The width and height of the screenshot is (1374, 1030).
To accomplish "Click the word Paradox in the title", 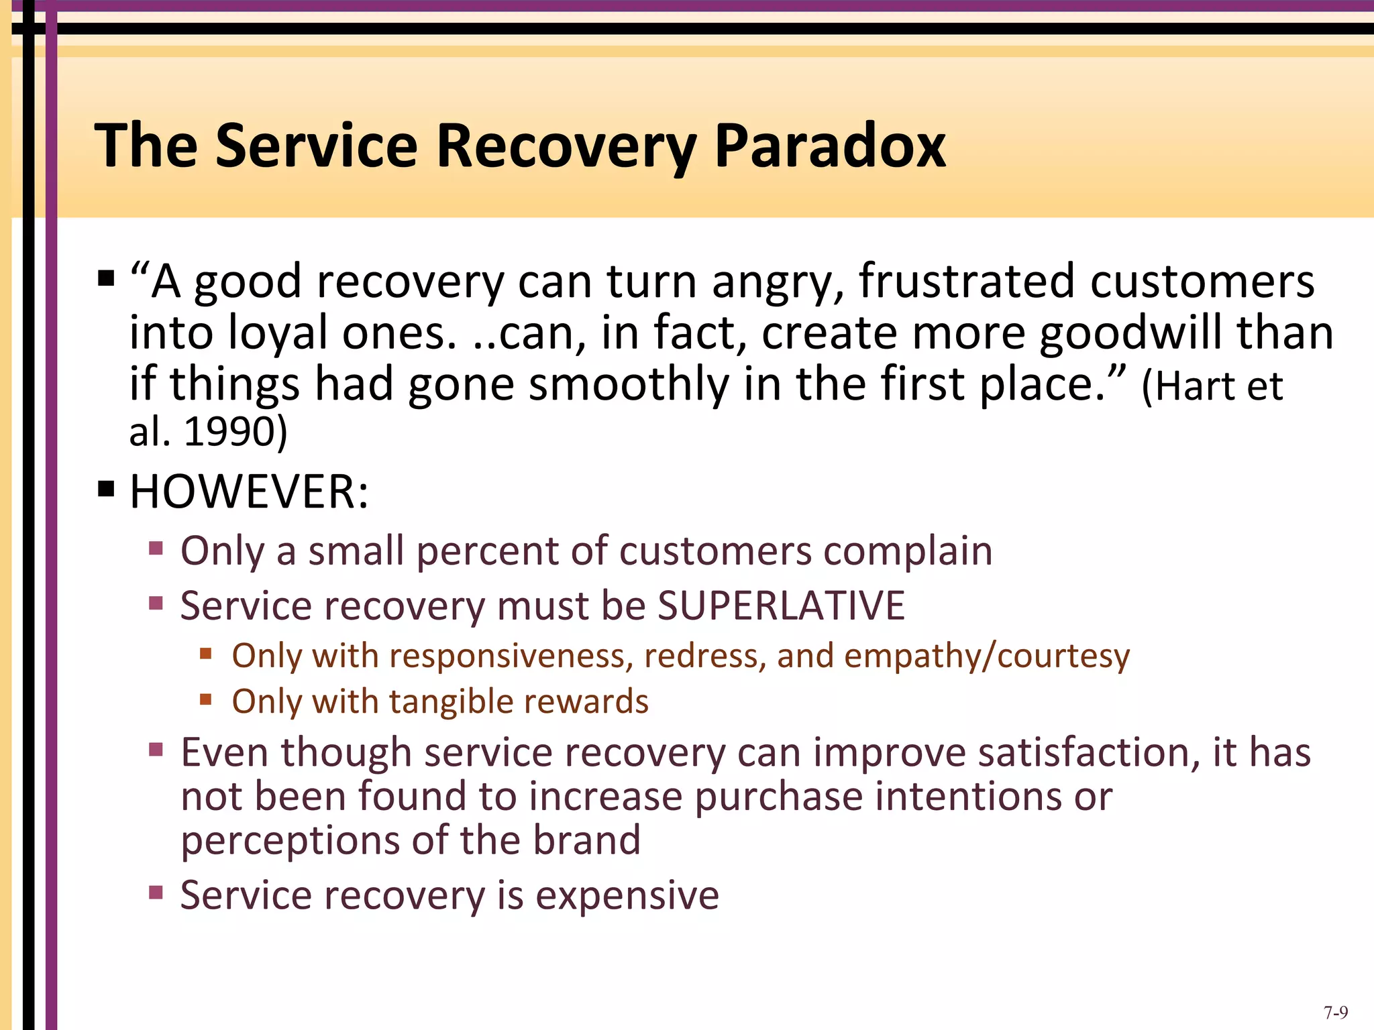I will click(830, 146).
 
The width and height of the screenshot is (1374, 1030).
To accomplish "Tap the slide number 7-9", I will click(1336, 1013).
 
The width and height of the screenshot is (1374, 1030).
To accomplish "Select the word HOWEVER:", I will click(249, 492).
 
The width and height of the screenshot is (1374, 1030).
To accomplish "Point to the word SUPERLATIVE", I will click(781, 606).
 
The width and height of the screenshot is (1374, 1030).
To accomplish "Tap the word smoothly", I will click(629, 384).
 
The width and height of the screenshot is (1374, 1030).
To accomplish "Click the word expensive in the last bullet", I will click(627, 895).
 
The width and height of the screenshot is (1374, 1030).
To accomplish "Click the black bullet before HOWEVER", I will click(106, 490).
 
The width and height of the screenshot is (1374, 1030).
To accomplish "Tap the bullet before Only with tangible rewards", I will click(206, 700).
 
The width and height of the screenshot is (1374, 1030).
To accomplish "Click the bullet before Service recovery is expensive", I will click(156, 893).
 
